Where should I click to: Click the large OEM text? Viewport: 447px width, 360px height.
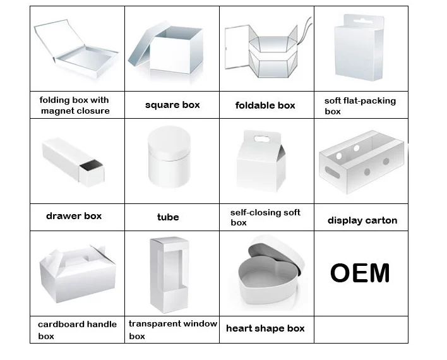click(360, 273)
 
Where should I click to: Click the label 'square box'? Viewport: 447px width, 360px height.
click(172, 105)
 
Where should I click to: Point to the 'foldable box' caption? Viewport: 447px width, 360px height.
click(265, 105)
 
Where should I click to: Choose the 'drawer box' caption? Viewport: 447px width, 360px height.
click(74, 216)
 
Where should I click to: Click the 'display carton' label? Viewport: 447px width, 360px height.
click(362, 220)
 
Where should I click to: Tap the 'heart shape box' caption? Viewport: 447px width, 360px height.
click(265, 328)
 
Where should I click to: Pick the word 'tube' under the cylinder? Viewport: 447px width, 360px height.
click(168, 217)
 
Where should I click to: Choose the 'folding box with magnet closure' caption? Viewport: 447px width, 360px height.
click(74, 105)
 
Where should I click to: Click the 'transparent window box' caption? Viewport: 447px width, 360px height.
click(172, 330)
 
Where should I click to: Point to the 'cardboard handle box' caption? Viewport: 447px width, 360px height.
click(77, 330)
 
